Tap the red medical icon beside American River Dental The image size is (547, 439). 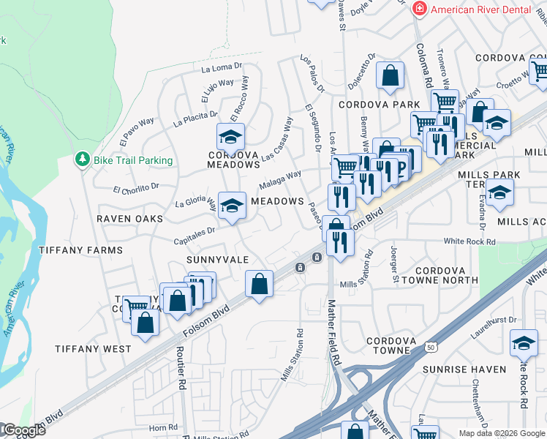[x=420, y=9]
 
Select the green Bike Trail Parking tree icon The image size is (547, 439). [x=83, y=160]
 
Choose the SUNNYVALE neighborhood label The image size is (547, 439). [x=218, y=260]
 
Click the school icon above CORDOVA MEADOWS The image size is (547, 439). [x=230, y=135]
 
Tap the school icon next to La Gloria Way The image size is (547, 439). [x=232, y=206]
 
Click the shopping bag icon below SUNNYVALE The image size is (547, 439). [x=259, y=282]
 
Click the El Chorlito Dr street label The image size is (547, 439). [x=136, y=189]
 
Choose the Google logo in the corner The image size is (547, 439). [x=23, y=430]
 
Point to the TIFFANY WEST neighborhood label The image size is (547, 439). [x=93, y=348]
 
